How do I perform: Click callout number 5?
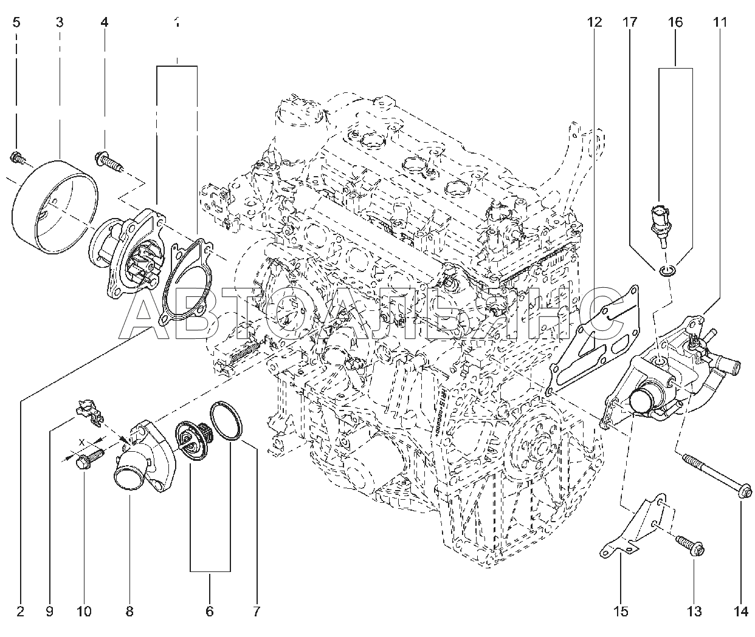16,23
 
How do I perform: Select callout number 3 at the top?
59,23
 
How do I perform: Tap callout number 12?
594,23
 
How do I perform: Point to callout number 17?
629,23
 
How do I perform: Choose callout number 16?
675,23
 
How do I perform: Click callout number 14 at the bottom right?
740,611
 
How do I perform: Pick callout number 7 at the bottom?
257,611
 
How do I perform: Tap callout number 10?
84,611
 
